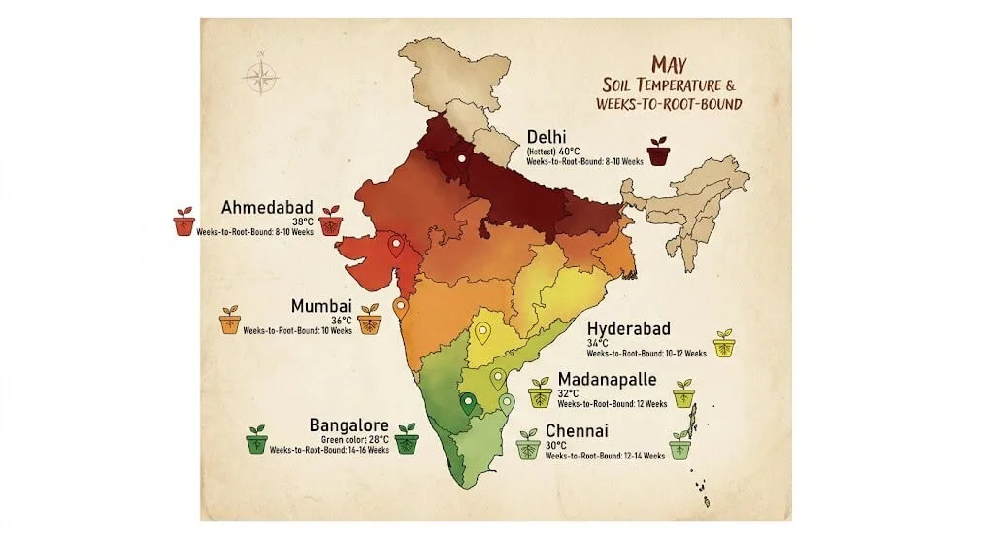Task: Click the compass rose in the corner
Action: pyautogui.click(x=260, y=77)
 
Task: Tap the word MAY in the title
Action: pyautogui.click(x=670, y=65)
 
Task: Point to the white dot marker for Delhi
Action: pyautogui.click(x=462, y=157)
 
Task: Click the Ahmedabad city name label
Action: pyautogui.click(x=267, y=208)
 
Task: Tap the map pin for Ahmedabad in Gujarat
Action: pyautogui.click(x=396, y=247)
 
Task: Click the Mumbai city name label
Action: pyautogui.click(x=321, y=306)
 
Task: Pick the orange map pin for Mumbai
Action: pyautogui.click(x=400, y=308)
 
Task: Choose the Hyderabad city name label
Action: pyautogui.click(x=628, y=329)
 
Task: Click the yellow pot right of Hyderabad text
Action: pyautogui.click(x=724, y=344)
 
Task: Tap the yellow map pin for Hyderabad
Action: pyautogui.click(x=481, y=333)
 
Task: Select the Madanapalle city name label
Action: pyautogui.click(x=607, y=379)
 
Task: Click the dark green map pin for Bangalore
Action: pyautogui.click(x=468, y=403)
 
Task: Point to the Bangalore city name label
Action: pyautogui.click(x=348, y=425)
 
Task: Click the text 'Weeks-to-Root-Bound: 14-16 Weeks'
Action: pyautogui.click(x=329, y=450)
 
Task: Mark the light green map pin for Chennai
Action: pyautogui.click(x=506, y=403)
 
